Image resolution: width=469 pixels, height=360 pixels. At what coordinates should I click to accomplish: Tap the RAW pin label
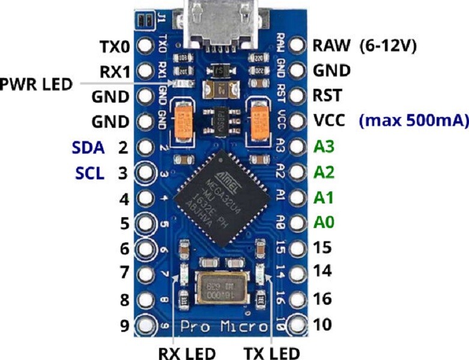tap(331, 46)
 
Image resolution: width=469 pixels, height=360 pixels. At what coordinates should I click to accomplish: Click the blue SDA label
tap(88, 147)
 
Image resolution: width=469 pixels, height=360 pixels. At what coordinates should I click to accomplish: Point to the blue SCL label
tap(90, 173)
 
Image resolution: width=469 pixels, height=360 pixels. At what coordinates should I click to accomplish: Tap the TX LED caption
tap(271, 352)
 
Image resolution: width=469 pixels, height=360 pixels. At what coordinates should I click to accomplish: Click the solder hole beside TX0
tap(144, 46)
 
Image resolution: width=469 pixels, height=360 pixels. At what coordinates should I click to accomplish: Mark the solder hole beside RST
tap(296, 95)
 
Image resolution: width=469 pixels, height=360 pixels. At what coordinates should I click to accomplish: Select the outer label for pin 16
tap(322, 298)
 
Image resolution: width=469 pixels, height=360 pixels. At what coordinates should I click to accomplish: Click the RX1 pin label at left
tap(115, 71)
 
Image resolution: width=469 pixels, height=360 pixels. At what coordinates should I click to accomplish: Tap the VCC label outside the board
tap(330, 121)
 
